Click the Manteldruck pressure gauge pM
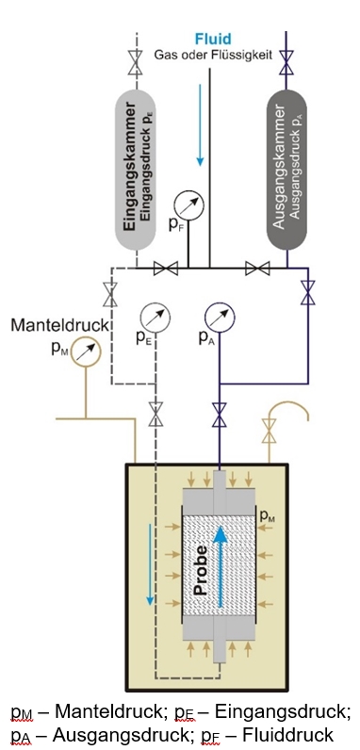pos(86,351)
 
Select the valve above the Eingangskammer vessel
pos(133,63)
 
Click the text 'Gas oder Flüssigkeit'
pos(215,57)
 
